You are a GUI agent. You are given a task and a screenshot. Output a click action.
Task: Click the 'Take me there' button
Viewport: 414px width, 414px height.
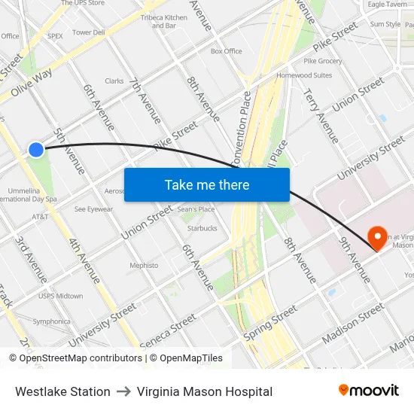(207, 185)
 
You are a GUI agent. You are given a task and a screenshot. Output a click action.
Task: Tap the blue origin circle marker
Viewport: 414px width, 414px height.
(36, 150)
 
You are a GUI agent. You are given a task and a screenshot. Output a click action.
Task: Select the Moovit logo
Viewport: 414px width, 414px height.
(369, 391)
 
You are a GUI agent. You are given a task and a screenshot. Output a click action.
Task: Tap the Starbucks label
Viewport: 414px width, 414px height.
(202, 228)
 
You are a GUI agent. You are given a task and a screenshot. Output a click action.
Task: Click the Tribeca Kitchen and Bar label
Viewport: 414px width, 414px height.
(164, 22)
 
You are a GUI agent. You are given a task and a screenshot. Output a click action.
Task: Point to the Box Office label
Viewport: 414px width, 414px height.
(227, 51)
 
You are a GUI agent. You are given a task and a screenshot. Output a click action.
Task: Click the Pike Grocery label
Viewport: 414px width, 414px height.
(323, 61)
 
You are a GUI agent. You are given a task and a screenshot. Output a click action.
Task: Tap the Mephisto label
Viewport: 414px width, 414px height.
(144, 266)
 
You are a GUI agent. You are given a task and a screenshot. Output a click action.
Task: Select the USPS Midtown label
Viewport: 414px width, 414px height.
(60, 296)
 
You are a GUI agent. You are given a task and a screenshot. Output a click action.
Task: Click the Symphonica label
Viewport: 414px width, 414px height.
(51, 321)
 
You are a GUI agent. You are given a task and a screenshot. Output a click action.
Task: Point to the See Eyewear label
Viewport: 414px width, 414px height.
(93, 209)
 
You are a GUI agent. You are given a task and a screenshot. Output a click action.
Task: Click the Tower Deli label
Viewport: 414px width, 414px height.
(89, 32)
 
